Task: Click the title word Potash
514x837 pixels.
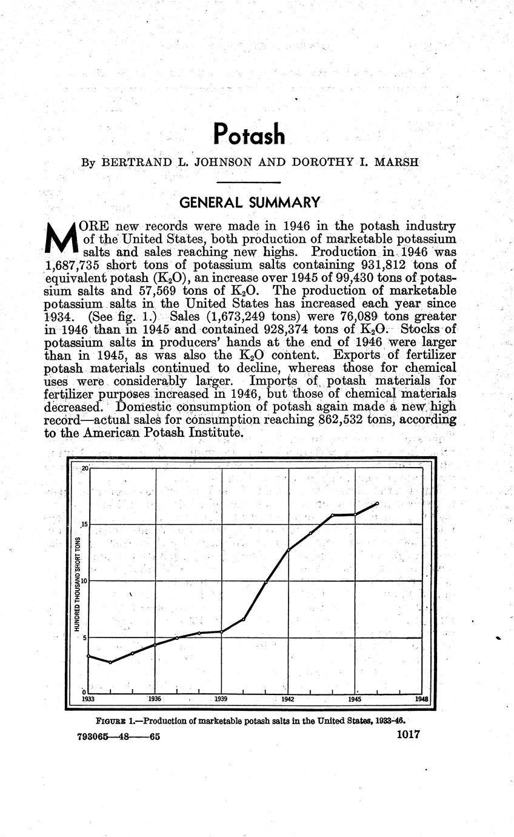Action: pyautogui.click(x=249, y=134)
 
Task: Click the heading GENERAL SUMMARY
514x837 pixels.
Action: pyautogui.click(x=249, y=202)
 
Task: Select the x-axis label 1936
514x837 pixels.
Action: pyautogui.click(x=155, y=699)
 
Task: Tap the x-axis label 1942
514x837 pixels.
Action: pyautogui.click(x=288, y=699)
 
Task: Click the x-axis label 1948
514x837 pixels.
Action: pyautogui.click(x=421, y=699)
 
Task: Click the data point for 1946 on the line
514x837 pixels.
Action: pyautogui.click(x=377, y=503)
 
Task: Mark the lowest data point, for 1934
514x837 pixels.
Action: pyautogui.click(x=110, y=662)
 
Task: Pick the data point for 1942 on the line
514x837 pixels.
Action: pyautogui.click(x=289, y=550)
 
